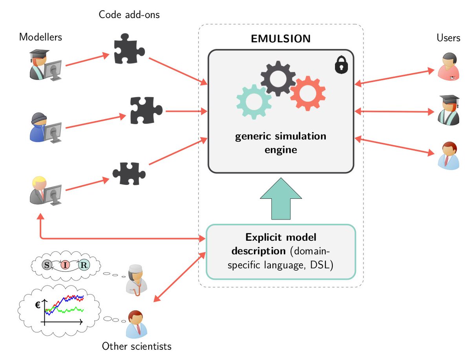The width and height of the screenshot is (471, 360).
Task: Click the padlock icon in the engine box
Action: tap(341, 64)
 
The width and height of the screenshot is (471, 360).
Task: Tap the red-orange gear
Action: tap(307, 93)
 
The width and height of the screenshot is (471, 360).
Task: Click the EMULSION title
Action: tap(281, 39)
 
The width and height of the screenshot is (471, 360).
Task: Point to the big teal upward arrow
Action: tap(281, 198)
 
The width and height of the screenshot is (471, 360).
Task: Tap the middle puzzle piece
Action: tap(145, 110)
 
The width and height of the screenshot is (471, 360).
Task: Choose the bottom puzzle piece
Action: tap(128, 173)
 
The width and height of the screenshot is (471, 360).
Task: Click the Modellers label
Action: tap(41, 37)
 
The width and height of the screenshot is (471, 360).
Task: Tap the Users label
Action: tap(448, 38)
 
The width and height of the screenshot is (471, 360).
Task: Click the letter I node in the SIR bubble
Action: tap(65, 265)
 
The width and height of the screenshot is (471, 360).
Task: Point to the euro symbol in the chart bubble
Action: tap(38, 305)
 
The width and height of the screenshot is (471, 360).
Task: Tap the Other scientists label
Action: tap(136, 346)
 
